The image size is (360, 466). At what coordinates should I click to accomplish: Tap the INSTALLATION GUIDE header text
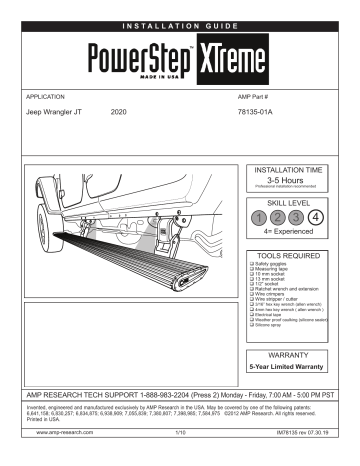[x=180, y=10]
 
